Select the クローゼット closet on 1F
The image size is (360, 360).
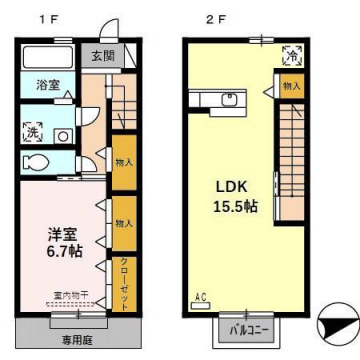[125, 279]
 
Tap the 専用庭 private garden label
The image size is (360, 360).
[75, 340]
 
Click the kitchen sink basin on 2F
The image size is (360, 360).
[227, 100]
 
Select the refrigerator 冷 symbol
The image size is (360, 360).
[289, 56]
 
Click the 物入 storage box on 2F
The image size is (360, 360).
[290, 87]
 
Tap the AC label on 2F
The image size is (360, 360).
[199, 297]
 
